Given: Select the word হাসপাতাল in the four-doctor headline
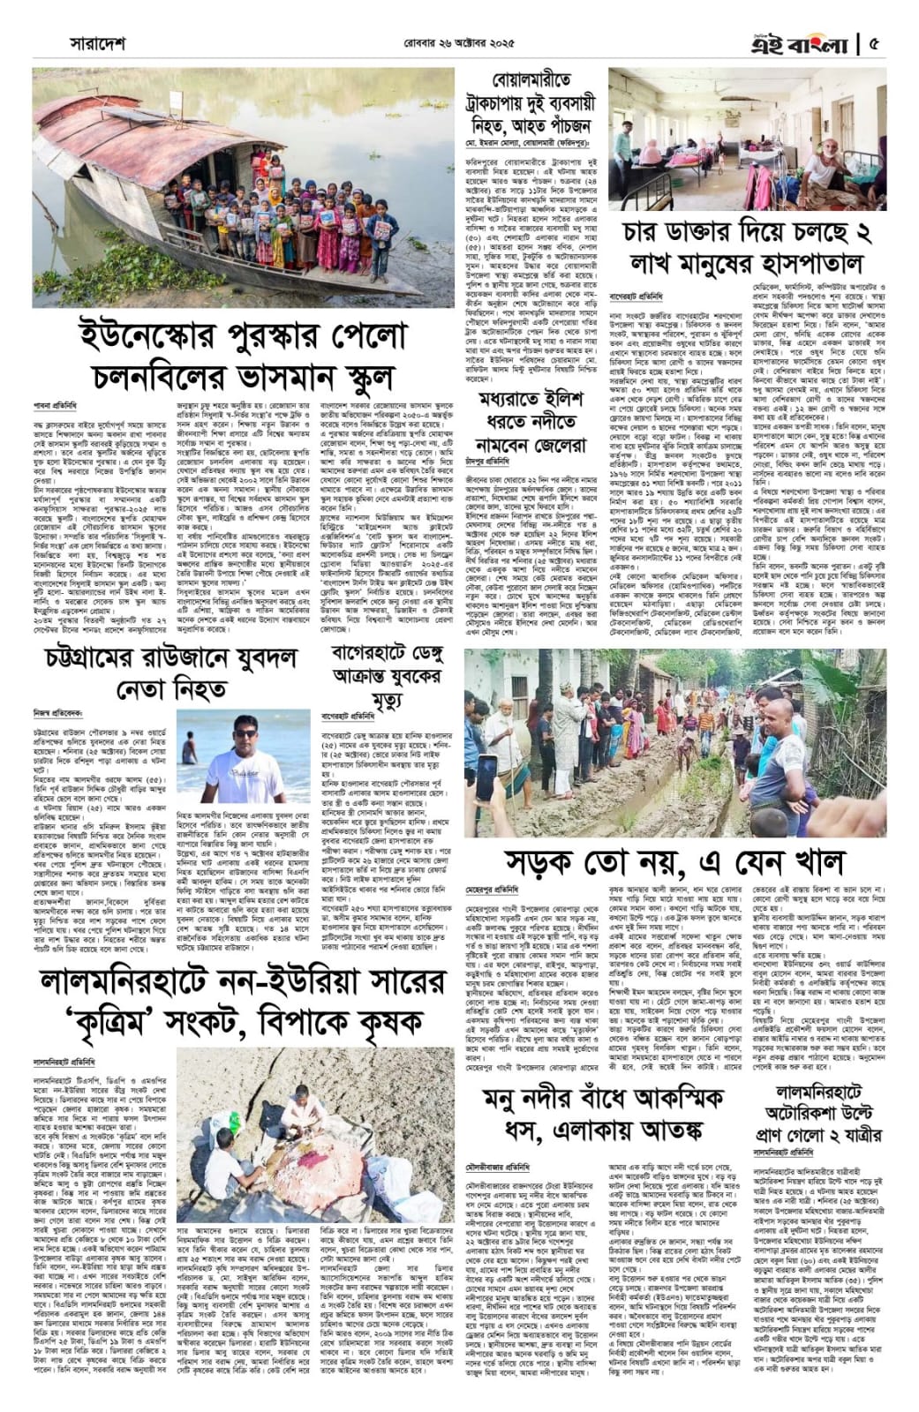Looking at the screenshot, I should [x=807, y=263].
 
